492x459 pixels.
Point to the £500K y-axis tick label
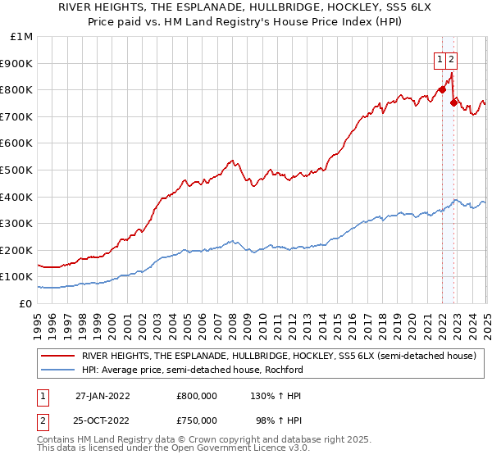pyautogui.click(x=18, y=170)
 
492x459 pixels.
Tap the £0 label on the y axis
pyautogui.click(x=27, y=303)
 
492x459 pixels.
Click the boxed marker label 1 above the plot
pyautogui.click(x=440, y=59)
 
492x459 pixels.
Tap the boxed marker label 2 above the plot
pyautogui.click(x=452, y=59)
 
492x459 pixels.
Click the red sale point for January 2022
pyautogui.click(x=443, y=90)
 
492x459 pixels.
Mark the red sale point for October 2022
pyautogui.click(x=453, y=103)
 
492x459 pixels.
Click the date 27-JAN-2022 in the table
pyautogui.click(x=102, y=396)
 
